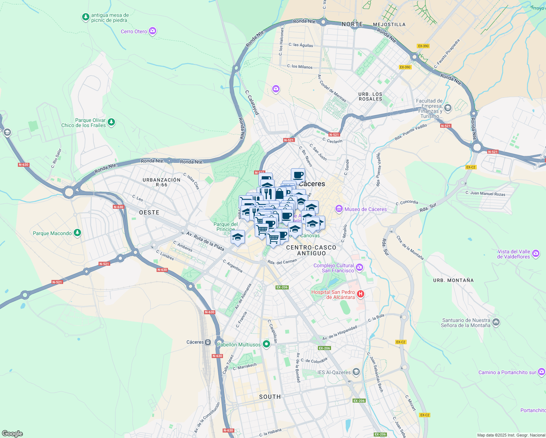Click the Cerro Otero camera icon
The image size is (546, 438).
click(153, 31)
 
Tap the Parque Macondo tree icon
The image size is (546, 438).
click(77, 233)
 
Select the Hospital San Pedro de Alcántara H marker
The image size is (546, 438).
click(361, 294)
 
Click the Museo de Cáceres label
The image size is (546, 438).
click(365, 209)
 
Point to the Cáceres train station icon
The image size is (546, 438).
click(208, 342)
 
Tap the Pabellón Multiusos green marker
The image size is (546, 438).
click(266, 344)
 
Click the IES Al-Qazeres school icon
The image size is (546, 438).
click(356, 372)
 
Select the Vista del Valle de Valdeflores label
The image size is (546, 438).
click(514, 254)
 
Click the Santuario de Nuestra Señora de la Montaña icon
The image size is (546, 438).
click(496, 322)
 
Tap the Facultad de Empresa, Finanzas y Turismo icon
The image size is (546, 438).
click(448, 108)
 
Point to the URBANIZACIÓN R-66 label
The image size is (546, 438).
click(161, 182)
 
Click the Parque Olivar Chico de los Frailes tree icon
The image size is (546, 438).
click(111, 122)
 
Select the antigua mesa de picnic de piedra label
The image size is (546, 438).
click(109, 18)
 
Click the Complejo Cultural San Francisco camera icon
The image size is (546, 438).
click(359, 268)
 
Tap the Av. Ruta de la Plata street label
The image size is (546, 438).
click(205, 241)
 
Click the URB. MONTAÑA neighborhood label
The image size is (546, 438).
click(453, 280)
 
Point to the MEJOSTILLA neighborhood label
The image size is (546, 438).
click(389, 24)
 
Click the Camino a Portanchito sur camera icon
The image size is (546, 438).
click(542, 372)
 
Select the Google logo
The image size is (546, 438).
click(12, 433)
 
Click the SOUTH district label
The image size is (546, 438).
click(270, 397)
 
